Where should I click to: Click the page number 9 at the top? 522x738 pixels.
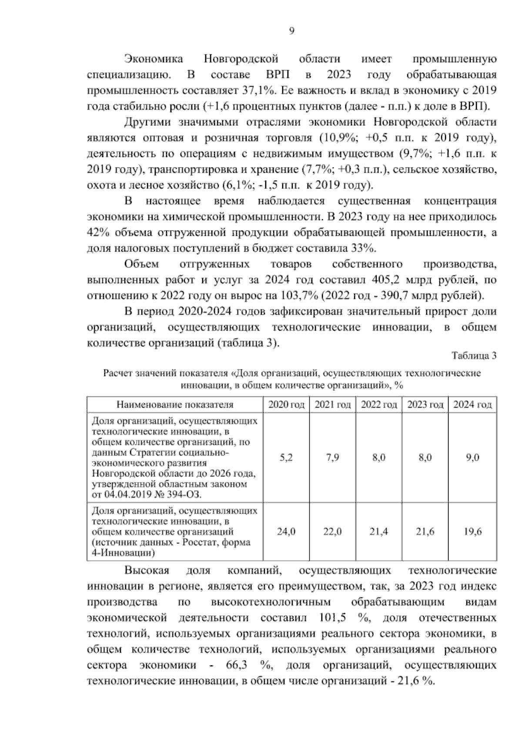coord(291,30)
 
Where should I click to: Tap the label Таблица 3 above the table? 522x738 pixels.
coord(474,356)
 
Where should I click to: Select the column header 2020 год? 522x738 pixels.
coord(286,405)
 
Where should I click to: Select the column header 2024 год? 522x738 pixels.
coord(472,405)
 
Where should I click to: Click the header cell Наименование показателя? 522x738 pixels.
coord(175,405)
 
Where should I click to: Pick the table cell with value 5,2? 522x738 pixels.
coord(286,458)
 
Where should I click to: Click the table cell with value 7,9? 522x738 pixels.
coord(332,458)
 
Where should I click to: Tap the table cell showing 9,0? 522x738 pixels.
coord(472,458)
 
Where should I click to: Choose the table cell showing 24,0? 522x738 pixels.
coord(286,532)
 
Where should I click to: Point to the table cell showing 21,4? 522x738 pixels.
coord(379,532)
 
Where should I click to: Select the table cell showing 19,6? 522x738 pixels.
coord(472,532)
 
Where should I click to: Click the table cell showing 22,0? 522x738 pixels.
coord(332,532)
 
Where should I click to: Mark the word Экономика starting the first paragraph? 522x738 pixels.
coord(154,59)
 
